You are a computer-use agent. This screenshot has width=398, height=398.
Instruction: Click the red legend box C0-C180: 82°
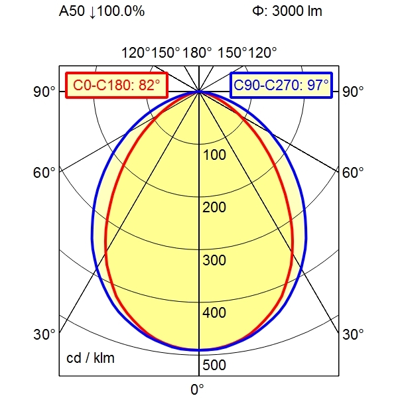click(117, 85)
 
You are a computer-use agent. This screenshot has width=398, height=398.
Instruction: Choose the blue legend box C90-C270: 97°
click(281, 85)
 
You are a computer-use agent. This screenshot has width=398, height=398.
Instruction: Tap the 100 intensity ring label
click(214, 155)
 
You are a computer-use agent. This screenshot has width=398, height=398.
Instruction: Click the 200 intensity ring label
click(214, 208)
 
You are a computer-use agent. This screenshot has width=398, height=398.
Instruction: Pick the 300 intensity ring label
click(214, 260)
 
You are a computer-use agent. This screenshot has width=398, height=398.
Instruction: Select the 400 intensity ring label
click(214, 312)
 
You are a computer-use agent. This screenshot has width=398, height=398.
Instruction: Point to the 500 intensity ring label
click(214, 365)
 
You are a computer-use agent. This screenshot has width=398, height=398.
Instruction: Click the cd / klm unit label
click(90, 359)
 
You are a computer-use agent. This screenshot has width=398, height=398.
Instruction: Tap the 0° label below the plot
click(197, 389)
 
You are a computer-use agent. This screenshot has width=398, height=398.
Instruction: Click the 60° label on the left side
click(44, 173)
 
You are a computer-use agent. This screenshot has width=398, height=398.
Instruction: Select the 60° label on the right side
click(354, 173)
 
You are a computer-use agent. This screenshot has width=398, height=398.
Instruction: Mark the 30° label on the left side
click(44, 334)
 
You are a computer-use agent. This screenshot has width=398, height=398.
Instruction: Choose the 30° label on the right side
click(354, 334)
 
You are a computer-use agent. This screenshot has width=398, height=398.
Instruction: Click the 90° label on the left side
click(44, 92)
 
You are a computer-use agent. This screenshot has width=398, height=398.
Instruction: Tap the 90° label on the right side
click(354, 92)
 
